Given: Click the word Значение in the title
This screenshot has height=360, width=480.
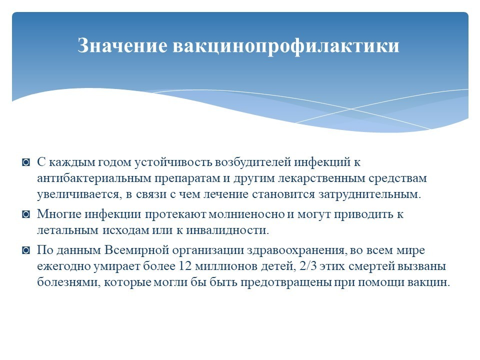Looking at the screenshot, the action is pos(122,45).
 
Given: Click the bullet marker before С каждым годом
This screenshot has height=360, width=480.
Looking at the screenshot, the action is pos(26,162).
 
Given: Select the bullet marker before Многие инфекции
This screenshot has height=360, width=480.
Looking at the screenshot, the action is pos(26,214).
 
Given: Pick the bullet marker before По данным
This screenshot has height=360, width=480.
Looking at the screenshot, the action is pos(26,250).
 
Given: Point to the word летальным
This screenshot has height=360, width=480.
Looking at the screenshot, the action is pos(67,230).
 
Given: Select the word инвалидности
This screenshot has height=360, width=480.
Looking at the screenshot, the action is pos(227,230).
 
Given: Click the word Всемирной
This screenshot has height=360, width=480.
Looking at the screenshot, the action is pos(136,250).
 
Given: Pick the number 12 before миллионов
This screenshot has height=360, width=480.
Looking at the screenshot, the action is pos(184,266).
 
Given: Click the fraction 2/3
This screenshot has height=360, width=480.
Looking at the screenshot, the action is pos(308,266).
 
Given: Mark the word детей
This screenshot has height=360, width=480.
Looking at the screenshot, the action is pos(278,267).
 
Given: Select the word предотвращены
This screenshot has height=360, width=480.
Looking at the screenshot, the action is pos(285,282).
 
